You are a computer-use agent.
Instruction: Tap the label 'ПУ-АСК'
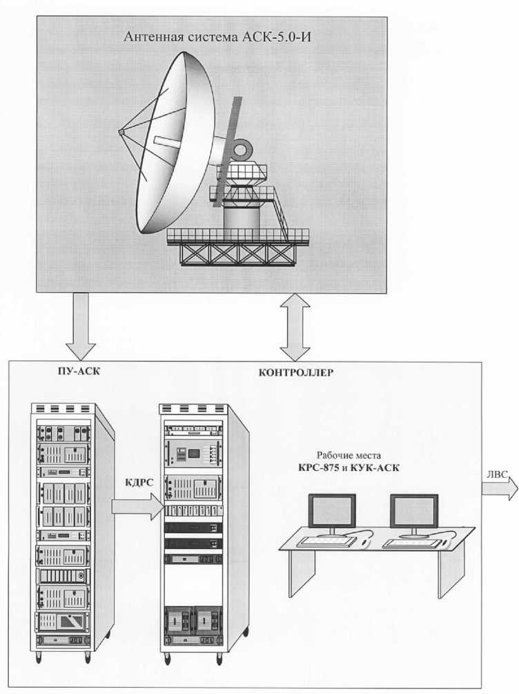70,371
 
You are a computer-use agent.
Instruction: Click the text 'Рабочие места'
347,456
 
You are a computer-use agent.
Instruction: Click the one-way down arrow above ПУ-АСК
80,325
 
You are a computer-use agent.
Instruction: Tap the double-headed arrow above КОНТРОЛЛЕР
296,326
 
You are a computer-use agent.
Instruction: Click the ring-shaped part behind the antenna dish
243,148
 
